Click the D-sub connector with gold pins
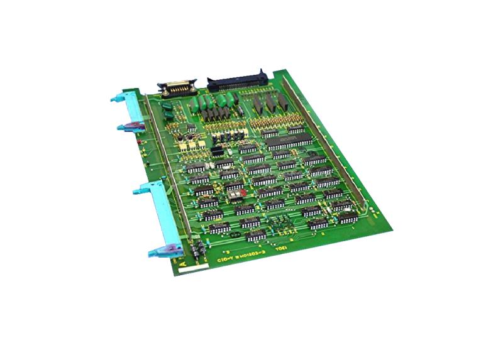(x=179, y=87)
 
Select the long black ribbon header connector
(x=238, y=80)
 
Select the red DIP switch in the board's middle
(x=235, y=187)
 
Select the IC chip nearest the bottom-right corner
(x=348, y=217)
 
